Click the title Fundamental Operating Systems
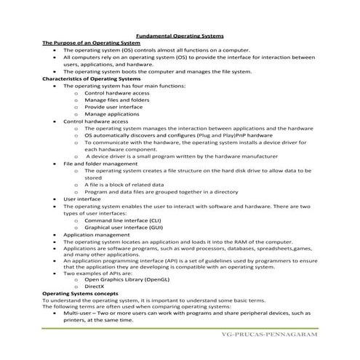(x=180, y=36)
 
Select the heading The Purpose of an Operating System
(x=91, y=43)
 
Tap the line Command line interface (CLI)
(x=122, y=220)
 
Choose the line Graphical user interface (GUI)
(x=122, y=228)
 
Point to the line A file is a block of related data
(x=128, y=185)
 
